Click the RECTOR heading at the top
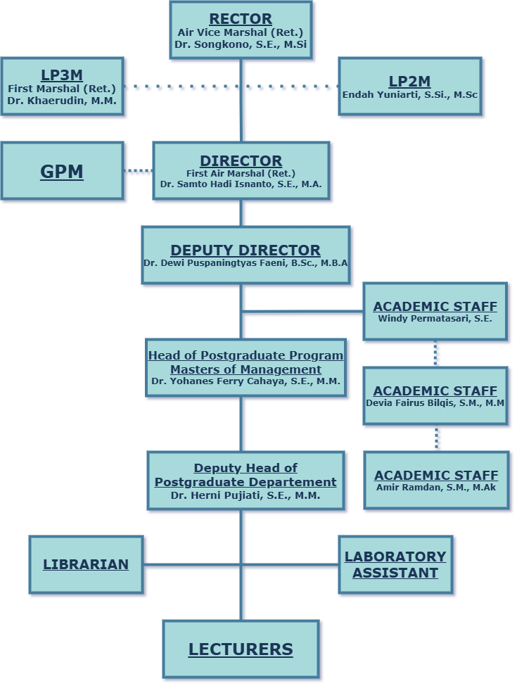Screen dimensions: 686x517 (x=241, y=19)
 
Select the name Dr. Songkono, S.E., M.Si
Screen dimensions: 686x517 (x=241, y=45)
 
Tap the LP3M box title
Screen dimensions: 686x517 (x=62, y=75)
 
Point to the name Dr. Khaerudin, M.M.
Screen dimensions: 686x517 (x=62, y=101)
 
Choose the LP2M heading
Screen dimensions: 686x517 (x=409, y=81)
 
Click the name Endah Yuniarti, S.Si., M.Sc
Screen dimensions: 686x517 (x=409, y=94)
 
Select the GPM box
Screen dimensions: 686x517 (x=62, y=171)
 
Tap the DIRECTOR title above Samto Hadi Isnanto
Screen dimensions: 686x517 (x=241, y=160)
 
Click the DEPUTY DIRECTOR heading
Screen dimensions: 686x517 (x=245, y=250)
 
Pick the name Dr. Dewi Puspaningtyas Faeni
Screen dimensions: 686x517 (x=245, y=262)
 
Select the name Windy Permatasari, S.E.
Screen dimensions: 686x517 (x=435, y=318)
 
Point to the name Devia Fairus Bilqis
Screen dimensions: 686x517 (x=435, y=403)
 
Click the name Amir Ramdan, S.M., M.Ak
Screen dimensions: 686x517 (x=436, y=487)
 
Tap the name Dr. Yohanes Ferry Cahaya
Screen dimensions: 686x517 (x=245, y=381)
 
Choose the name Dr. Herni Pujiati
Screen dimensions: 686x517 (x=245, y=495)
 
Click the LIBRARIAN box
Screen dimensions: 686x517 (x=86, y=564)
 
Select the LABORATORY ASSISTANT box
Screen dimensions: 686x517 (x=395, y=565)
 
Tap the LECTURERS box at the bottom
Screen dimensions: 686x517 (x=241, y=649)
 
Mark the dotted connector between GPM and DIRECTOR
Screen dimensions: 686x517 (x=138, y=170)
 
